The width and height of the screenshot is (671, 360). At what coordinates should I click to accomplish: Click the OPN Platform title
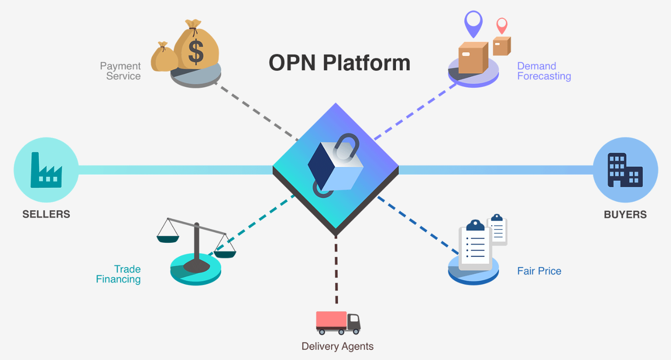[x=339, y=63]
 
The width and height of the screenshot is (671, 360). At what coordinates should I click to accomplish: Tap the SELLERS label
[x=46, y=214]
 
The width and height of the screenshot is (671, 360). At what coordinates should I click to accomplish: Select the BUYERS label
[x=625, y=214]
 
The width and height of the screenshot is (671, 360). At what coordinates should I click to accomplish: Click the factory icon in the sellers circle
[x=46, y=171]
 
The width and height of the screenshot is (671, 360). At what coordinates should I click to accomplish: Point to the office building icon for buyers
[x=625, y=170]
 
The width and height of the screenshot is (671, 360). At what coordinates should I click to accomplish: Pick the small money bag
[x=163, y=57]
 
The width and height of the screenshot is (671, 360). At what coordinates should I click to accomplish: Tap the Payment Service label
[x=120, y=71]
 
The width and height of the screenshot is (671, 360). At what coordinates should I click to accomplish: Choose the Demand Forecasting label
[x=544, y=71]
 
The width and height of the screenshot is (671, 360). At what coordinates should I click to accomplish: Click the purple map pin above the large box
[x=473, y=23]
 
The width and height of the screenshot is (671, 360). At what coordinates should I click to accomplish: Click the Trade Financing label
[x=119, y=274]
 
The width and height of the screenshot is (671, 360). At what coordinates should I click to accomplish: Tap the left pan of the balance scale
[x=167, y=238]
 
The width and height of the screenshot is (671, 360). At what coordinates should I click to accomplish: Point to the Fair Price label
[x=539, y=271]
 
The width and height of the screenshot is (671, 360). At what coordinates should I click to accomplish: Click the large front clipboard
[x=476, y=246]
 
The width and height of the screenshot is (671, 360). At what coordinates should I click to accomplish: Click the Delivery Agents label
[x=338, y=346]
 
